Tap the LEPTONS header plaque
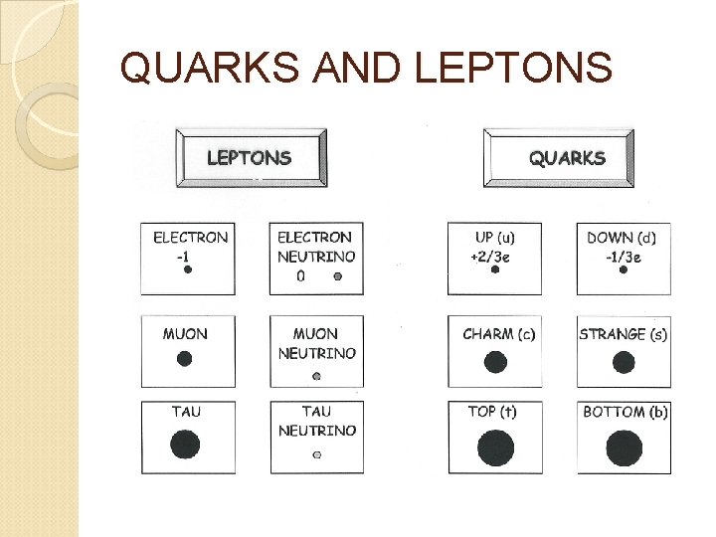coord(251,157)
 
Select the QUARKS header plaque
coord(559,157)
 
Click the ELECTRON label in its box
coord(190,238)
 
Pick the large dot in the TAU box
coord(185,444)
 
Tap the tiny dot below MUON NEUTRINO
coord(316,376)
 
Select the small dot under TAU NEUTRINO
coord(316,454)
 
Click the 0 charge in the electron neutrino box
coord(301,275)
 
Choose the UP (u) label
coord(494,238)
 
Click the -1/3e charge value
coord(623,256)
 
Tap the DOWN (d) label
coord(623,238)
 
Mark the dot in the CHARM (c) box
coord(495,363)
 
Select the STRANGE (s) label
coord(623,335)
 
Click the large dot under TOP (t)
coord(495,447)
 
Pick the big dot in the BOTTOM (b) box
coord(624,447)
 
